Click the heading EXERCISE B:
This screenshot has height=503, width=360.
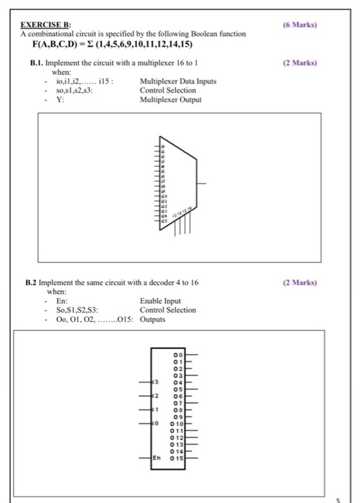(45, 25)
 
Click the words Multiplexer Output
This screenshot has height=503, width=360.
(170, 99)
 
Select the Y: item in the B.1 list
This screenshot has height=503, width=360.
(59, 99)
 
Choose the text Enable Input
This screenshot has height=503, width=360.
(161, 301)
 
